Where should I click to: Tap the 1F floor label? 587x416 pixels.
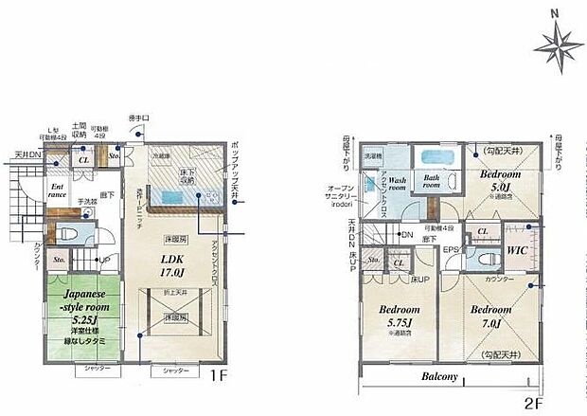[218, 375]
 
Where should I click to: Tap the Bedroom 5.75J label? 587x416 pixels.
[399, 316]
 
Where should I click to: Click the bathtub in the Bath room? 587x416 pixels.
[437, 157]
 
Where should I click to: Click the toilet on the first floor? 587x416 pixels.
[68, 235]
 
